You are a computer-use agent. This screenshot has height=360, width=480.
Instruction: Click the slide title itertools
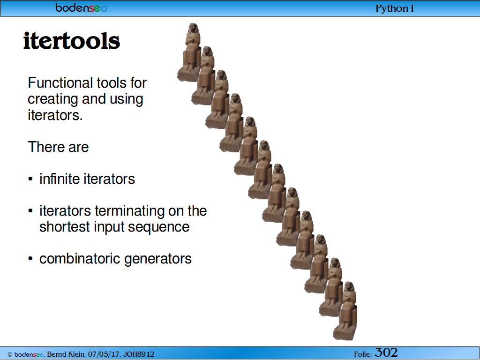click(72, 41)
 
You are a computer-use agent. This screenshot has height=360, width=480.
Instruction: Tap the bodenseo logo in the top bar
click(82, 8)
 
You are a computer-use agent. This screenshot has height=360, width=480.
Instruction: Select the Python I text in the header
click(395, 8)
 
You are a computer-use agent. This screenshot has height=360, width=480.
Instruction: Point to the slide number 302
click(386, 352)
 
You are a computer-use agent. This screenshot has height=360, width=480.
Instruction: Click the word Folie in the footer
click(363, 354)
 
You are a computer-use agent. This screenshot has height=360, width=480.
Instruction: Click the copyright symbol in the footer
click(10, 355)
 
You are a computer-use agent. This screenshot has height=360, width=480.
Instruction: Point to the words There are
click(58, 147)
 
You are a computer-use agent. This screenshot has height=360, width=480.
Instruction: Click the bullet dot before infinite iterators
click(30, 179)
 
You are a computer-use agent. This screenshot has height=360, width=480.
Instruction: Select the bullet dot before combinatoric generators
click(30, 259)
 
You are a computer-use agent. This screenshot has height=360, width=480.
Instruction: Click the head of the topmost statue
click(193, 28)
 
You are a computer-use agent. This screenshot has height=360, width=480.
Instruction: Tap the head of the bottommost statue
click(348, 287)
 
